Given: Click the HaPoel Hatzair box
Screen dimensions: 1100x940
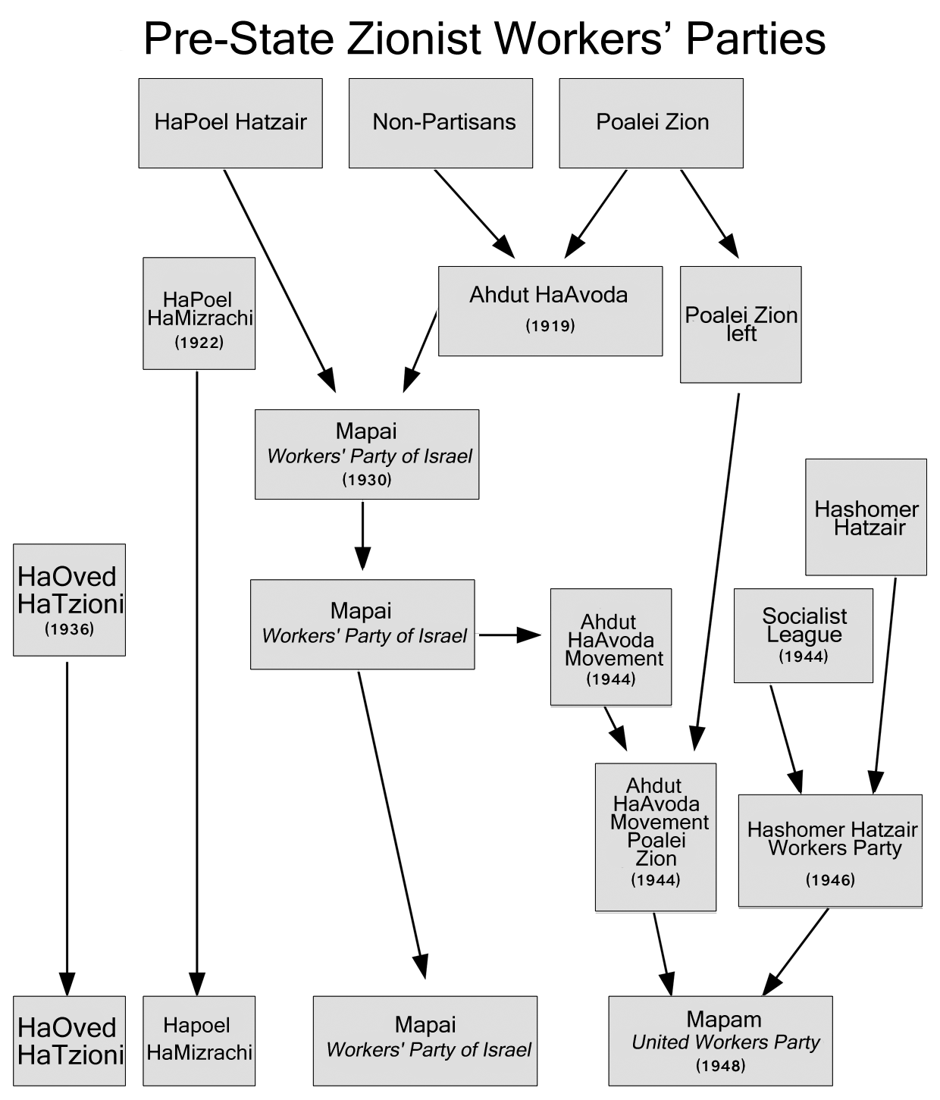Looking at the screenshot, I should pyautogui.click(x=230, y=123).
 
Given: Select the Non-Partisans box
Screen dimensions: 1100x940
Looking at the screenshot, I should pyautogui.click(x=440, y=123).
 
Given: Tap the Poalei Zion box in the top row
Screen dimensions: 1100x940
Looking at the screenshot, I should pyautogui.click(x=651, y=123).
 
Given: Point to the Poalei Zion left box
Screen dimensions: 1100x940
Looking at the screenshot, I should pyautogui.click(x=741, y=324).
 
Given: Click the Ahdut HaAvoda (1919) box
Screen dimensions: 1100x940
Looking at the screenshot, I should pyautogui.click(x=550, y=311).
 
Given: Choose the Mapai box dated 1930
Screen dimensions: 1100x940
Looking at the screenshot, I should pyautogui.click(x=367, y=454).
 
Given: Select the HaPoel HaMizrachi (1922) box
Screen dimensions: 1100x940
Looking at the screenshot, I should pyautogui.click(x=199, y=313).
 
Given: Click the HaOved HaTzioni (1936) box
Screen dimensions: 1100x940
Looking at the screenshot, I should pyautogui.click(x=69, y=600).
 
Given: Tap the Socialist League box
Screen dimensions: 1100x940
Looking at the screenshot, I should pyautogui.click(x=804, y=635).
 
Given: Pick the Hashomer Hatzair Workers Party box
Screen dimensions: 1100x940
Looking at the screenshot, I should pyautogui.click(x=830, y=851).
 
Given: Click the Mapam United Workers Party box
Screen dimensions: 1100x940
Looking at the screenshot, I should pyautogui.click(x=720, y=1041).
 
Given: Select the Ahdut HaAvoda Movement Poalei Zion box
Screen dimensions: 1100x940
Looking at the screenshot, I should pyautogui.click(x=656, y=837).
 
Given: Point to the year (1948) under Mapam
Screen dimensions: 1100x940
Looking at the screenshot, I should pyautogui.click(x=720, y=1065).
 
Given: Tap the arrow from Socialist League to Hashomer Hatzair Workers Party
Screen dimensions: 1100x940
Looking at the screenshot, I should pyautogui.click(x=785, y=739).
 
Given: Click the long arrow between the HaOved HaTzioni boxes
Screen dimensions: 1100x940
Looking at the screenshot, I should pyautogui.click(x=67, y=826).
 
